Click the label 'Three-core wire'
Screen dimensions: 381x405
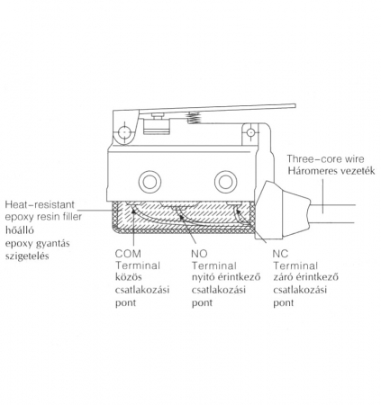tap(325, 158)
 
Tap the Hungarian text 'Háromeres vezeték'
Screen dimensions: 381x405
tap(331, 171)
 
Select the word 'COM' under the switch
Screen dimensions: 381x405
tap(128, 254)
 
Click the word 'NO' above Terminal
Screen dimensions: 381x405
tap(199, 254)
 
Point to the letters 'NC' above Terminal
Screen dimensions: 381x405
tap(280, 254)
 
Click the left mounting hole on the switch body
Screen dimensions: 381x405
tap(150, 182)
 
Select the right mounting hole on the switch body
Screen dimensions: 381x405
tap(226, 182)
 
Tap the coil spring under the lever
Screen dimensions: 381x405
tap(194, 118)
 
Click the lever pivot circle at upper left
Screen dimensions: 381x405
tap(124, 132)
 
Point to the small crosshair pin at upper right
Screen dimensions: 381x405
tap(250, 132)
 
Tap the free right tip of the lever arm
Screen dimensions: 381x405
tap(295, 105)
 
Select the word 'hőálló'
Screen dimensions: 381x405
tap(20, 230)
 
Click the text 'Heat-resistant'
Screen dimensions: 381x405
tap(40, 204)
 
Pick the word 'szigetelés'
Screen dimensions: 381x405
tap(27, 256)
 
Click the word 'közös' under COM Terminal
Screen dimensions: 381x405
tap(129, 276)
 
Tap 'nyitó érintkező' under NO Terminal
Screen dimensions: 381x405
tap(226, 276)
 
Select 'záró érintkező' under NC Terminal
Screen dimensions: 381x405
tap(305, 276)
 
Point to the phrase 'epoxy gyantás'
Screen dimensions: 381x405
tap(37, 244)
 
